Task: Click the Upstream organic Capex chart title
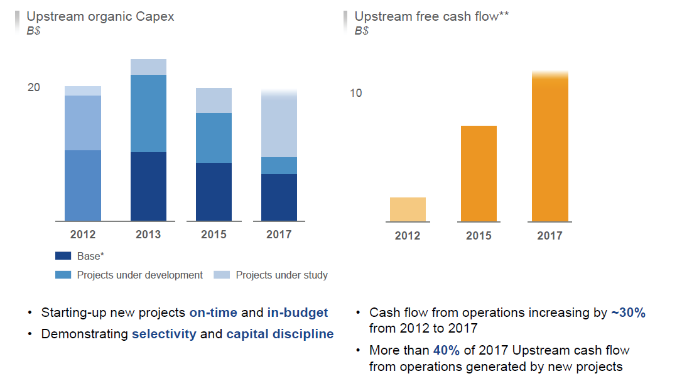point(100,16)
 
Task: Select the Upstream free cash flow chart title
point(431,16)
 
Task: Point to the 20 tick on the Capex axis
point(33,87)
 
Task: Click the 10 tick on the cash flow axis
point(356,93)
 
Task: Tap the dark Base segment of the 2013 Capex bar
point(148,186)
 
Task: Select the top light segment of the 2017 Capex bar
point(279,124)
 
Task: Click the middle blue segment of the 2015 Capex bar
point(214,138)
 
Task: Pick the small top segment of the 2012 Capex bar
point(83,91)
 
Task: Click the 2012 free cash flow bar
point(408,209)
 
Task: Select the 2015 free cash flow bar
point(479,174)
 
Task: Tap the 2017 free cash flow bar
point(550,147)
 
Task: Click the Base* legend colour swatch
point(63,256)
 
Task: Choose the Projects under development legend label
point(139,275)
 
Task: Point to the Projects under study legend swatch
point(222,275)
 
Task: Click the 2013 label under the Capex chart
point(148,235)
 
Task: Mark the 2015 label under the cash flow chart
point(479,236)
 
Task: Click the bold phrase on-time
point(214,312)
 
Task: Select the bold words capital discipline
point(279,334)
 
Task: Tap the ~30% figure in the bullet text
point(627,312)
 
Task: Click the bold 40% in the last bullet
point(445,350)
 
